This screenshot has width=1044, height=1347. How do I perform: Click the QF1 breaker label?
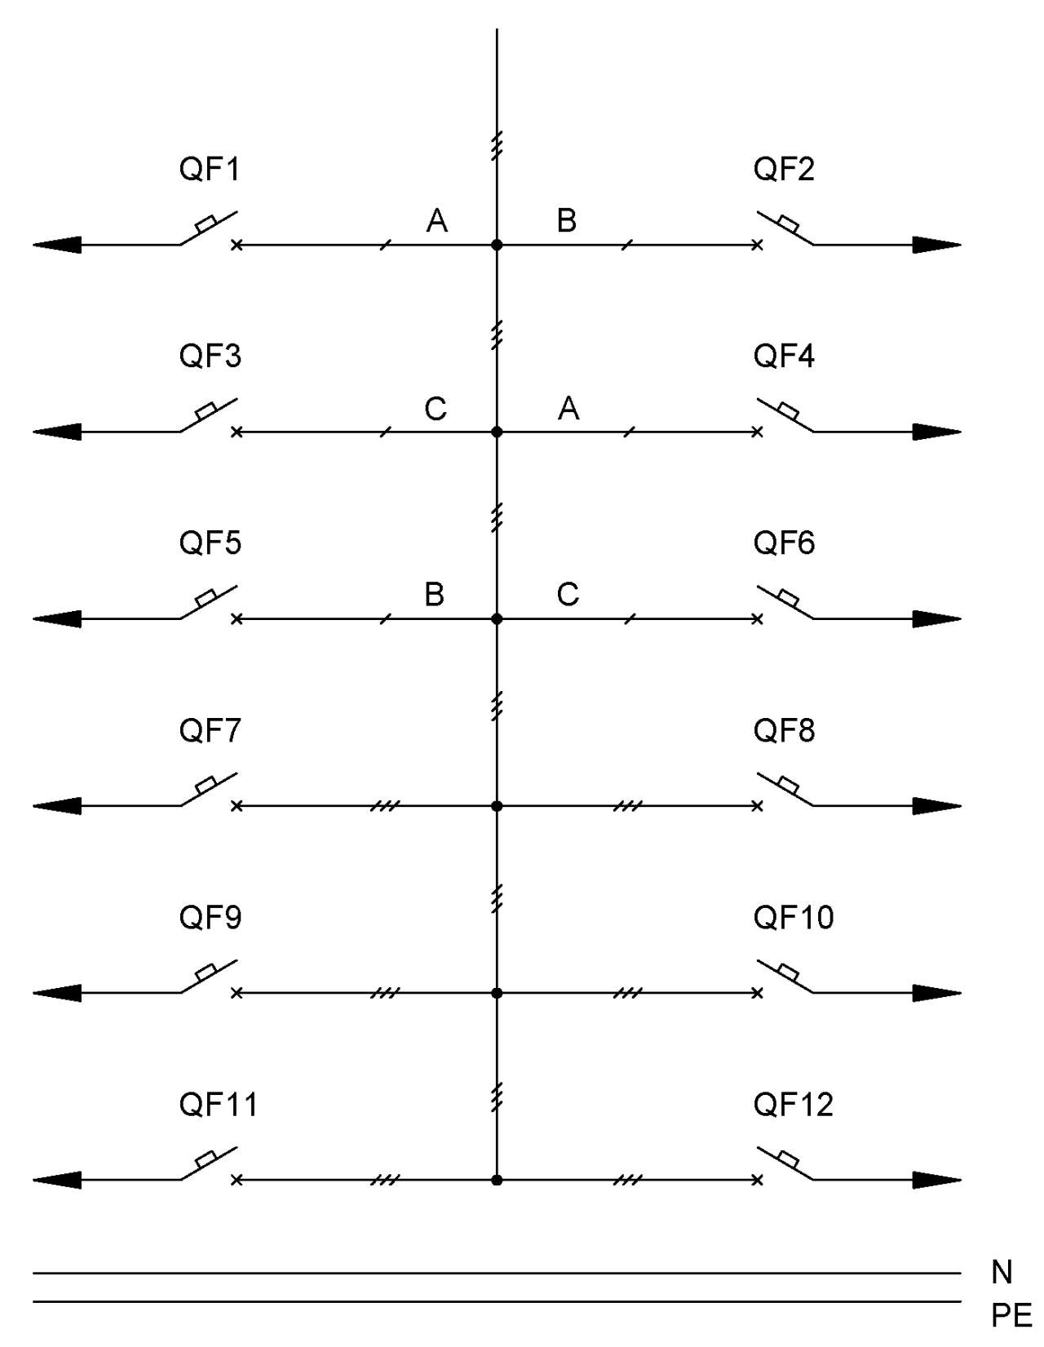click(x=209, y=169)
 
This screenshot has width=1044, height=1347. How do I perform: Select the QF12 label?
click(x=793, y=1104)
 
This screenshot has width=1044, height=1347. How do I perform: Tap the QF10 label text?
click(x=793, y=917)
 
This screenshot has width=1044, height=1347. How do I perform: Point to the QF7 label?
click(x=210, y=730)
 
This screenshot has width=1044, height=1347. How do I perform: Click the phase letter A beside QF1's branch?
click(x=437, y=220)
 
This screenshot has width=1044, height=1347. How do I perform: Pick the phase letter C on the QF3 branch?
click(x=436, y=409)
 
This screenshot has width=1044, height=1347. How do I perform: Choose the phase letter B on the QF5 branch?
click(x=435, y=595)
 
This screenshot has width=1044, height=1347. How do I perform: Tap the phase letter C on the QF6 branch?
click(x=568, y=595)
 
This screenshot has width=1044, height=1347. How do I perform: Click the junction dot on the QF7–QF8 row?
click(x=496, y=806)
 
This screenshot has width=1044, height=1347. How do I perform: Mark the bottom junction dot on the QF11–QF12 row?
click(x=496, y=1180)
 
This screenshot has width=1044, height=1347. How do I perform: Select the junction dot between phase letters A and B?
click(x=496, y=245)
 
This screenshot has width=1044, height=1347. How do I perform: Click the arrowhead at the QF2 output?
click(x=936, y=245)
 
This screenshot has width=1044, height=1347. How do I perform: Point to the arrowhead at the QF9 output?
click(x=57, y=993)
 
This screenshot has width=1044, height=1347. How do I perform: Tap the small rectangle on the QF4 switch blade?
click(x=788, y=410)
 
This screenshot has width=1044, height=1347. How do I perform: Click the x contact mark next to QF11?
click(x=236, y=1180)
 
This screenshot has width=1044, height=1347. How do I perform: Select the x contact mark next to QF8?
click(x=757, y=806)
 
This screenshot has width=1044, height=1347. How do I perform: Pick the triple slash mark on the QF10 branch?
click(x=628, y=993)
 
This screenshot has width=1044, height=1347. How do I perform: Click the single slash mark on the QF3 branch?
click(x=385, y=432)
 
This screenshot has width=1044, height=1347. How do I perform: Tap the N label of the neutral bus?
click(x=1002, y=1273)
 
